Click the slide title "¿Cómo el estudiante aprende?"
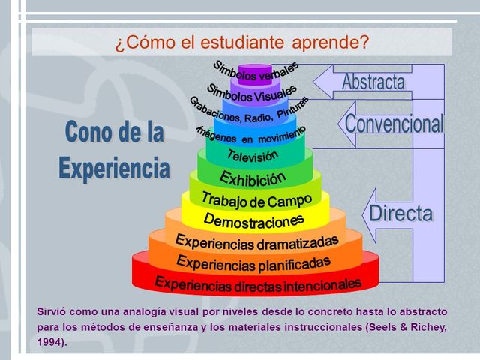tap(241, 42)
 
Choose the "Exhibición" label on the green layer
tap(253, 178)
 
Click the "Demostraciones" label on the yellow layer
tap(253, 220)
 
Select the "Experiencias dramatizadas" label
tap(256, 241)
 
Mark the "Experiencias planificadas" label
tap(253, 262)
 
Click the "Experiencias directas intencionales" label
tap(257, 283)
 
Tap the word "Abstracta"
tap(373, 82)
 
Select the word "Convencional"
tap(394, 124)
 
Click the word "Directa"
tap(401, 213)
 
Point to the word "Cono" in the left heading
tap(88, 133)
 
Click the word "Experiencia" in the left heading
tap(114, 166)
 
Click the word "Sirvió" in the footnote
tap(52, 310)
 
